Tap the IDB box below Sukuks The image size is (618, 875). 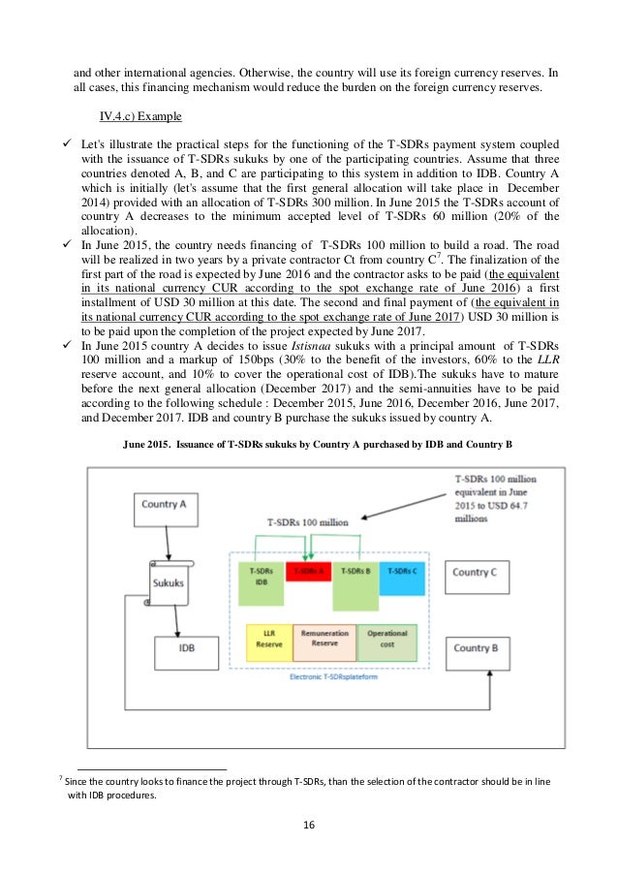pyautogui.click(x=188, y=649)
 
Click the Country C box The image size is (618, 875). pyautogui.click(x=475, y=573)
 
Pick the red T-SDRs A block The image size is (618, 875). pyautogui.click(x=307, y=572)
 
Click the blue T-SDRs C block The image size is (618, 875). pyautogui.click(x=402, y=572)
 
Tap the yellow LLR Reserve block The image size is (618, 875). pyautogui.click(x=268, y=640)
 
